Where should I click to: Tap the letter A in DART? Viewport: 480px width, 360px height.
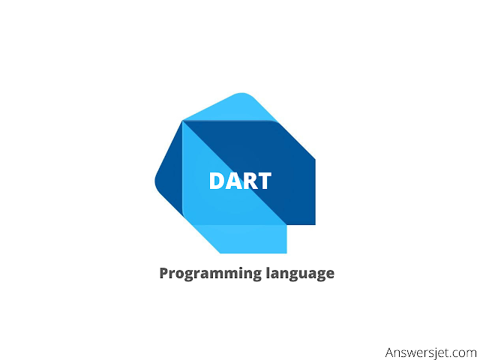click(x=232, y=181)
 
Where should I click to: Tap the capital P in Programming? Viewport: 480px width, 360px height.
click(x=164, y=273)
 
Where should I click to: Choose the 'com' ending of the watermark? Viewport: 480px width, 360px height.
click(x=463, y=352)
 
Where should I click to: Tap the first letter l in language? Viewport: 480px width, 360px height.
click(x=268, y=273)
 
